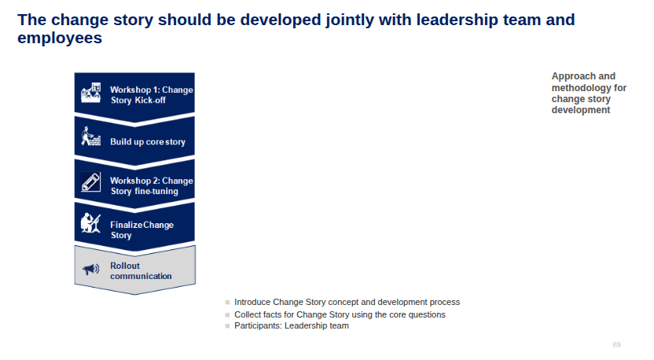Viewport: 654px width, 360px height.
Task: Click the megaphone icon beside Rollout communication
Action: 90,269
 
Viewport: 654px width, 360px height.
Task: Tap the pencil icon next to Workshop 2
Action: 90,182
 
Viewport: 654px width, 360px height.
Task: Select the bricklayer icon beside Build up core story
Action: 91,136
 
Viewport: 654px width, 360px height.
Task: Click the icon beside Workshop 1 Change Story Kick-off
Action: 91,92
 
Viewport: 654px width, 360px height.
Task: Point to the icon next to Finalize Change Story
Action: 90,223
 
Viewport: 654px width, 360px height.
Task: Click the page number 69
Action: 616,344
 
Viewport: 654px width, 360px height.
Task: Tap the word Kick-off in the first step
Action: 149,100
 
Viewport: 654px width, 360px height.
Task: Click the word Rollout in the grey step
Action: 125,266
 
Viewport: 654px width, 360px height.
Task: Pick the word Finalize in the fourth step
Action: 127,225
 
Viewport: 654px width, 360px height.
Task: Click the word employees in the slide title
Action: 60,38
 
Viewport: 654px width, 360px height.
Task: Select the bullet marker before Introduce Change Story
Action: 227,303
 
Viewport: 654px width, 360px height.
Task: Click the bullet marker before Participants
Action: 227,325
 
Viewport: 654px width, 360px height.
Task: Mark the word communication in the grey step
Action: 141,276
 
